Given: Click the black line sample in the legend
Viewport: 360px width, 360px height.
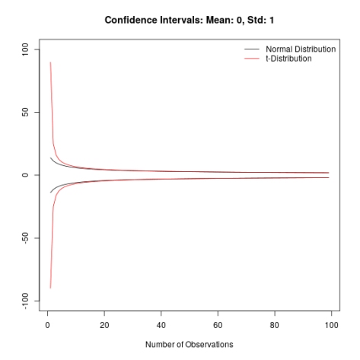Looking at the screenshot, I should pyautogui.click(x=250, y=49).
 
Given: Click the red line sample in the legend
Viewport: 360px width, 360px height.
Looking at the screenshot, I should pyautogui.click(x=250, y=59).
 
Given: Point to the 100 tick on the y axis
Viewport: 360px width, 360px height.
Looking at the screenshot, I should pyautogui.click(x=25, y=49).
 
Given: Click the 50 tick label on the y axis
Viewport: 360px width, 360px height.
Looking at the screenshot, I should pyautogui.click(x=25, y=112).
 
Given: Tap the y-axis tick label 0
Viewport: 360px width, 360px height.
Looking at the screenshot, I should pyautogui.click(x=25, y=175).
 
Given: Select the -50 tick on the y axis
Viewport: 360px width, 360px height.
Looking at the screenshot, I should pyautogui.click(x=25, y=238).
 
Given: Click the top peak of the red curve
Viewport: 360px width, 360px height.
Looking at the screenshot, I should pyautogui.click(x=50, y=62).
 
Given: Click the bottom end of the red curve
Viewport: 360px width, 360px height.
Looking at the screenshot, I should pyautogui.click(x=50, y=288).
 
